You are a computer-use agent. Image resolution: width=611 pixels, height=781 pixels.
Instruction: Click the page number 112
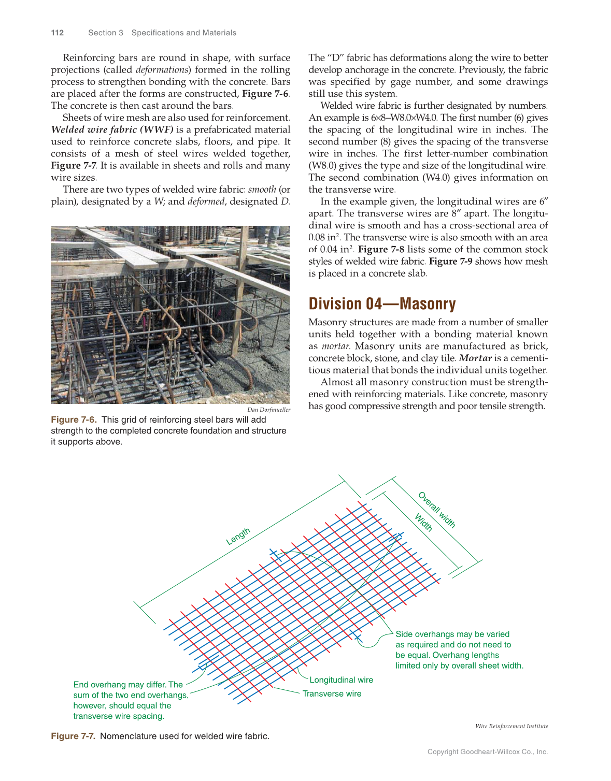point(57,33)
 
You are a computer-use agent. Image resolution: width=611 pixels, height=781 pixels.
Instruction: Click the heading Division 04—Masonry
point(382,303)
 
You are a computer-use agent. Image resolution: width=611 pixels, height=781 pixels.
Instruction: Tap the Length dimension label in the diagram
point(238,537)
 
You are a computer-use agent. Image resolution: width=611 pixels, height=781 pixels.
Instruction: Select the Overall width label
point(436,510)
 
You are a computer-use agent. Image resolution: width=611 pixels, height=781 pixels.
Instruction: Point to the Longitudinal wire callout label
point(341,680)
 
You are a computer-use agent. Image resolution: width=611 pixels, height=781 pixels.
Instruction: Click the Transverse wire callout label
point(332,694)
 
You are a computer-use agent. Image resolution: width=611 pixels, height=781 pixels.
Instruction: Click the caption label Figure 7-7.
point(73,736)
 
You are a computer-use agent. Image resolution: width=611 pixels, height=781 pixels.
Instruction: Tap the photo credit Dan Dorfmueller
point(268,410)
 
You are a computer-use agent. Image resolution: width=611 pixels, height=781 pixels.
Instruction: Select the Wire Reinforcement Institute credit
point(511,726)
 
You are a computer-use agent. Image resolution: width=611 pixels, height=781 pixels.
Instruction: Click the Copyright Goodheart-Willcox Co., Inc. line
point(487,752)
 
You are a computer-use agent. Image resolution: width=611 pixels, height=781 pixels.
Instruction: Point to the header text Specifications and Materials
point(183,33)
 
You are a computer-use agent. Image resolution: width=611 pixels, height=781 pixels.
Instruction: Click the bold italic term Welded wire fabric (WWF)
point(112,129)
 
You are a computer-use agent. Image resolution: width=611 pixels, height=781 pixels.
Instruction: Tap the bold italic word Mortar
point(475,358)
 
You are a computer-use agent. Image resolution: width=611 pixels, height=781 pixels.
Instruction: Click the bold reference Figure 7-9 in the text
point(450,262)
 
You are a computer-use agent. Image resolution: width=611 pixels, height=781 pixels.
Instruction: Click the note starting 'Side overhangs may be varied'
point(459,650)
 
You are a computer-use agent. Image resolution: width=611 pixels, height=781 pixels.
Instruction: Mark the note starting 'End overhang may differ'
point(130,700)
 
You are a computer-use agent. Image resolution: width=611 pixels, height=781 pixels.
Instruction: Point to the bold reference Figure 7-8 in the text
point(381,250)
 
